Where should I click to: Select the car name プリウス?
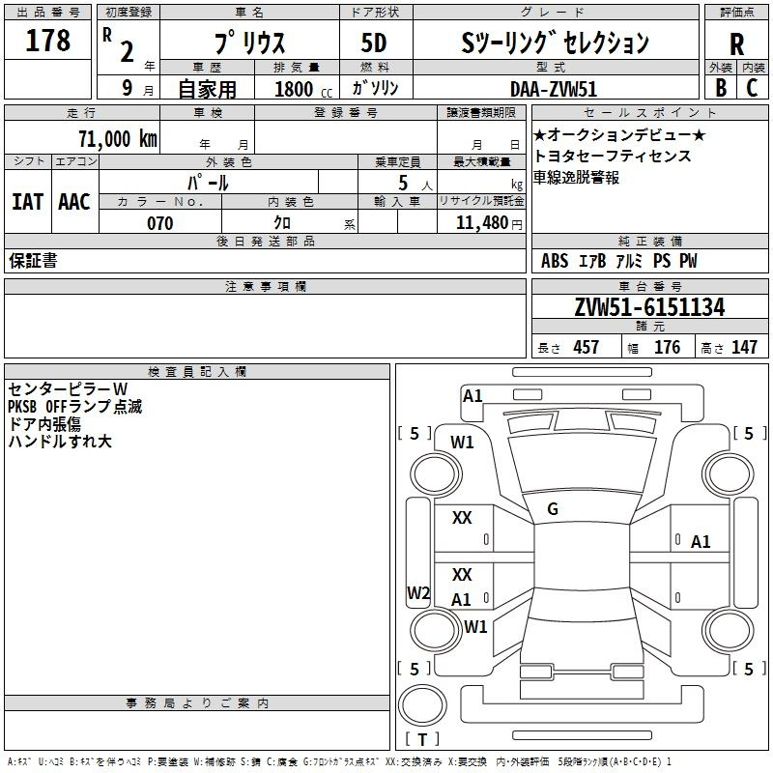coord(249,43)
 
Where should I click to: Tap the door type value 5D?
coord(374,43)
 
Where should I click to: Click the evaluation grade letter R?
coord(736,44)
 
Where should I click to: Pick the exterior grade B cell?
coord(720,87)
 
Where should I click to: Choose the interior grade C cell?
coord(752,87)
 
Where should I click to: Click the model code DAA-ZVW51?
coord(554,88)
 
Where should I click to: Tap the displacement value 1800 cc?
coord(301,89)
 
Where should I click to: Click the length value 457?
coord(586,348)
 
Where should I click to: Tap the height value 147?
coord(744,348)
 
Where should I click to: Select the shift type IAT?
coord(27,202)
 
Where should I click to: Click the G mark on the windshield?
coord(553,509)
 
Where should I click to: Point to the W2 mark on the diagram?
coord(418,593)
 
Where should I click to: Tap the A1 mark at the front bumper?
coord(472,395)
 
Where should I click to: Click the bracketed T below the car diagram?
coord(422,739)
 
